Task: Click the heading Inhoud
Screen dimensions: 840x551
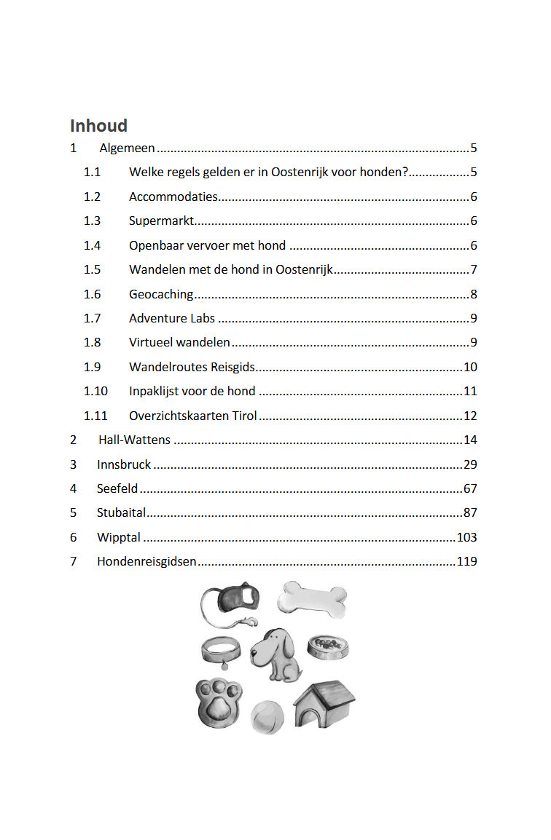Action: (98, 125)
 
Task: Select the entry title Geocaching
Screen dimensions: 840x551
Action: (161, 294)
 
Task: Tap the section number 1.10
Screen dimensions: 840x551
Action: (95, 391)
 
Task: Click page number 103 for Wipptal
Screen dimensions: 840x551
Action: (466, 537)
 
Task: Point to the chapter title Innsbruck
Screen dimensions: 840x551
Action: (124, 464)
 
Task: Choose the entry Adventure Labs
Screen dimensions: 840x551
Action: (172, 318)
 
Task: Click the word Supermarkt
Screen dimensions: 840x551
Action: (161, 221)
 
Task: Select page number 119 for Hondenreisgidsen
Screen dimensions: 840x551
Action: (466, 561)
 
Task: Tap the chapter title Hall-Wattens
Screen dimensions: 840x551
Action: (134, 440)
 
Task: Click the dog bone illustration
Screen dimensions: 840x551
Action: (312, 599)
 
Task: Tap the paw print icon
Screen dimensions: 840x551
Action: (216, 703)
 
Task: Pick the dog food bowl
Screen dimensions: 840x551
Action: (324, 646)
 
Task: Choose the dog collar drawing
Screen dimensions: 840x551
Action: (221, 649)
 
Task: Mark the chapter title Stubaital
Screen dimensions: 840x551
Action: (122, 512)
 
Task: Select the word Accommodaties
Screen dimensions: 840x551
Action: (173, 197)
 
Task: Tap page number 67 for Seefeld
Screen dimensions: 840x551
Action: (470, 488)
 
